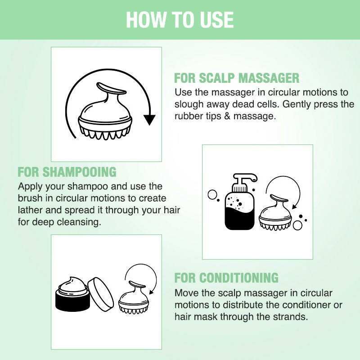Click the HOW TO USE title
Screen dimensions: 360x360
click(180, 19)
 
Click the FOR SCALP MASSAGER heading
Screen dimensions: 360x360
click(237, 78)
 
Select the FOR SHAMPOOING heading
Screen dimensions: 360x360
click(67, 172)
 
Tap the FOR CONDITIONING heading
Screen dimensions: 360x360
click(226, 278)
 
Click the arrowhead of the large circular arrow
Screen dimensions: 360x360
click(149, 120)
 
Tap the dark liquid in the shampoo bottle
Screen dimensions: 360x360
click(239, 218)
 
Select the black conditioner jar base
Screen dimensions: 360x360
click(72, 300)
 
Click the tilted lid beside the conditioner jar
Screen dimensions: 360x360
click(101, 295)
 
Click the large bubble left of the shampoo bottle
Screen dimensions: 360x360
click(212, 194)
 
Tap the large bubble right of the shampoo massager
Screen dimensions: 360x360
click(297, 225)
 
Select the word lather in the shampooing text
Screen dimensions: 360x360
click(30, 210)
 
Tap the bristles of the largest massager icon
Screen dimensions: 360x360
click(105, 133)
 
